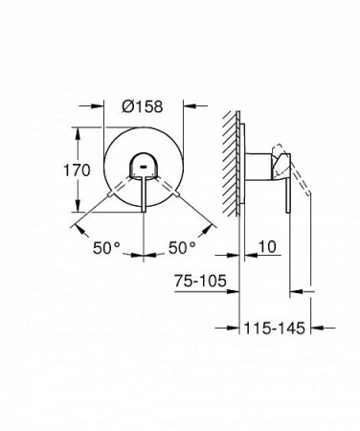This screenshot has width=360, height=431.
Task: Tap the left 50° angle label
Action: click(107, 247)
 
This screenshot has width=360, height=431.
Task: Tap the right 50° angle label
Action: click(180, 247)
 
